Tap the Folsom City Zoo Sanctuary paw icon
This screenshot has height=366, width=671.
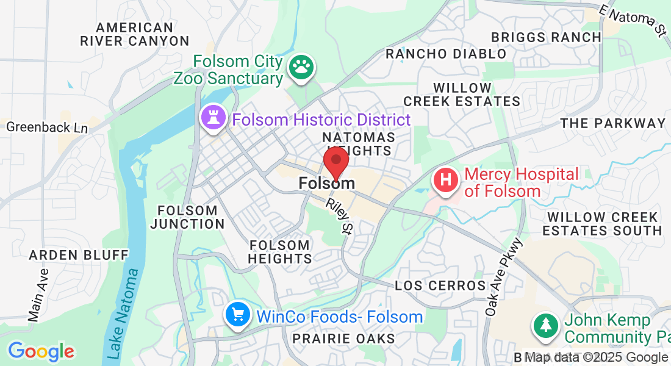click(300, 68)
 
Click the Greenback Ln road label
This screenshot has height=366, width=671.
click(47, 127)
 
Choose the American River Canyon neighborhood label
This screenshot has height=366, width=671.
click(135, 34)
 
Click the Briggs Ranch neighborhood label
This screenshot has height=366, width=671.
click(546, 37)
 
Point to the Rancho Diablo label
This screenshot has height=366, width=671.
click(446, 54)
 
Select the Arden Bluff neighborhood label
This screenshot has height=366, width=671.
click(79, 254)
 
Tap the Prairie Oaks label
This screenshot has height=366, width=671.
click(343, 338)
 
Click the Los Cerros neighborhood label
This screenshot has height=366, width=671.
click(440, 285)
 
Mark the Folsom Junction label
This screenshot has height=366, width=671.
click(187, 217)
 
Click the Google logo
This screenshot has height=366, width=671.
click(41, 351)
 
